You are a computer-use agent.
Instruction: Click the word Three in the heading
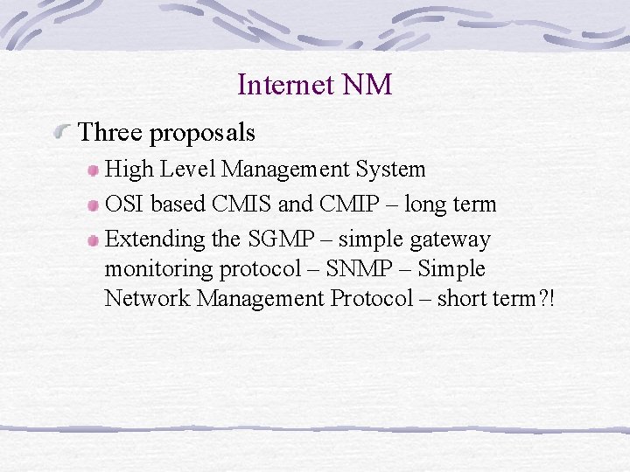pyautogui.click(x=110, y=133)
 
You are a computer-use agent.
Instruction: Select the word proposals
pyautogui.click(x=202, y=134)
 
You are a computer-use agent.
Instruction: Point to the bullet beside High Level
pyautogui.click(x=93, y=170)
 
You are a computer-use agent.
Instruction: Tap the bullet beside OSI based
pyautogui.click(x=93, y=205)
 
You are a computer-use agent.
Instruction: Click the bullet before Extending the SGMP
pyautogui.click(x=93, y=239)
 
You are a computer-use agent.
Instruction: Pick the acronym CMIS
pyautogui.click(x=248, y=205)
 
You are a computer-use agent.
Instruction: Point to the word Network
pyautogui.click(x=147, y=298)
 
